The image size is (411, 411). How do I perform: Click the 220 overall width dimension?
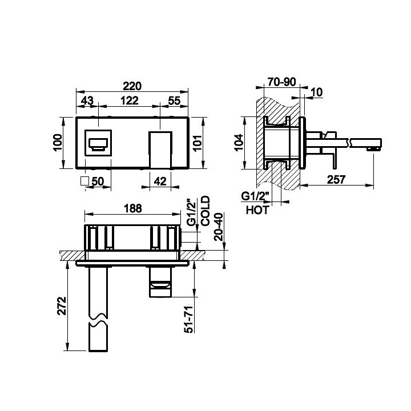[132, 86]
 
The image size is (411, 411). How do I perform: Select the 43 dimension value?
[87, 100]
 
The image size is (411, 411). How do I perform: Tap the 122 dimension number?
[129, 100]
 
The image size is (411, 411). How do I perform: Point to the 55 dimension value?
[174, 100]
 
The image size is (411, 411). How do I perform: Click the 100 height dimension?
[58, 142]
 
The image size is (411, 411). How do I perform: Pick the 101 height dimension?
[198, 143]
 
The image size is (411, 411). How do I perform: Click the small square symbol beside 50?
[84, 181]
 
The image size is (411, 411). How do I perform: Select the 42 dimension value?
[160, 181]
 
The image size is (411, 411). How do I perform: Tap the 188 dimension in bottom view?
[133, 208]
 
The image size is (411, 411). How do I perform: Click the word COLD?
[205, 211]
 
